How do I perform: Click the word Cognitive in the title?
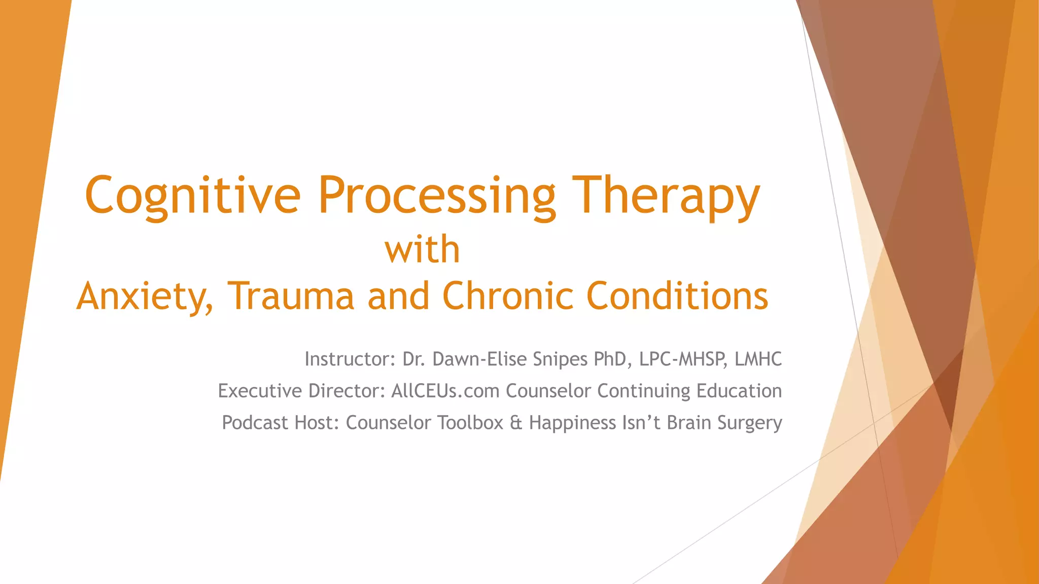(x=193, y=196)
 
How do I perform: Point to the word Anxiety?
(x=145, y=296)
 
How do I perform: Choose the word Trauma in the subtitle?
(x=290, y=296)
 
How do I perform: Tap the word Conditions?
(x=677, y=296)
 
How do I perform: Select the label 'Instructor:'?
(x=350, y=359)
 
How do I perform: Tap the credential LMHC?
(x=758, y=359)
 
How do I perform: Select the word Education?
(x=739, y=391)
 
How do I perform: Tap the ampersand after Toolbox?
(x=516, y=422)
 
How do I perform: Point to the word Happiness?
(x=572, y=422)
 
